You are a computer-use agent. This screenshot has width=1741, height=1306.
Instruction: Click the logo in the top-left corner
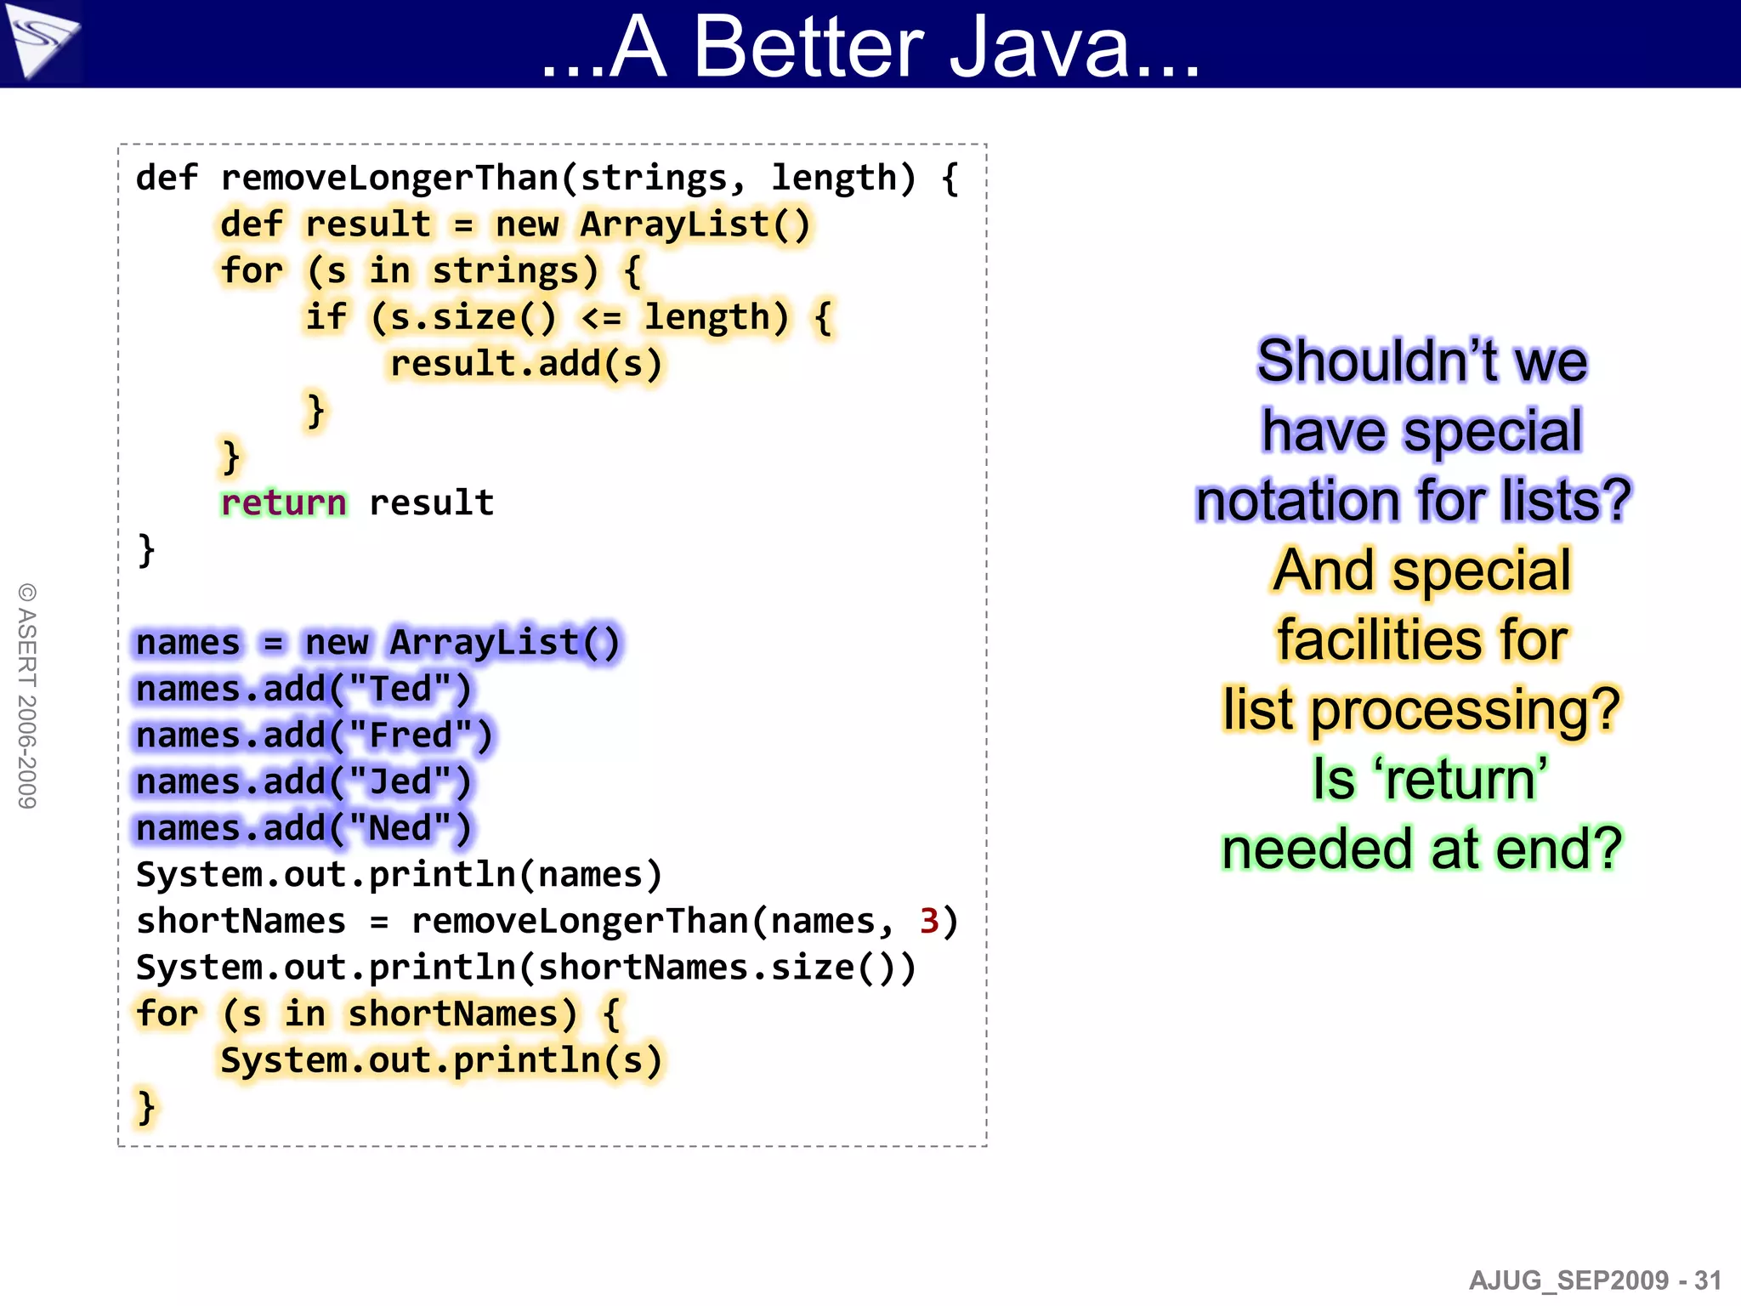click(x=40, y=40)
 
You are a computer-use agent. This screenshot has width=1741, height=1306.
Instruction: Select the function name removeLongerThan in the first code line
click(x=388, y=179)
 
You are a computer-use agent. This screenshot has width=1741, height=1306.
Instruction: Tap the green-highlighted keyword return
click(x=283, y=503)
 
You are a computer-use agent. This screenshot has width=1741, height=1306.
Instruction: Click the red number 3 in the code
click(x=929, y=922)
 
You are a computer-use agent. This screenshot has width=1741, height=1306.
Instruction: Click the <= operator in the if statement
click(x=602, y=318)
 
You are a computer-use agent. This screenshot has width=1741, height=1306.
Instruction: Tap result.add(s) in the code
click(x=525, y=365)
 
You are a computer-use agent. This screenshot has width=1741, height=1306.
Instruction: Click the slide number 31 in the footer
click(x=1707, y=1280)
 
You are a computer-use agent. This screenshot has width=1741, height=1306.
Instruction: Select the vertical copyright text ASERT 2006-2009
click(x=27, y=696)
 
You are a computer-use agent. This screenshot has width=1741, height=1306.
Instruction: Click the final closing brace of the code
click(x=146, y=1108)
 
